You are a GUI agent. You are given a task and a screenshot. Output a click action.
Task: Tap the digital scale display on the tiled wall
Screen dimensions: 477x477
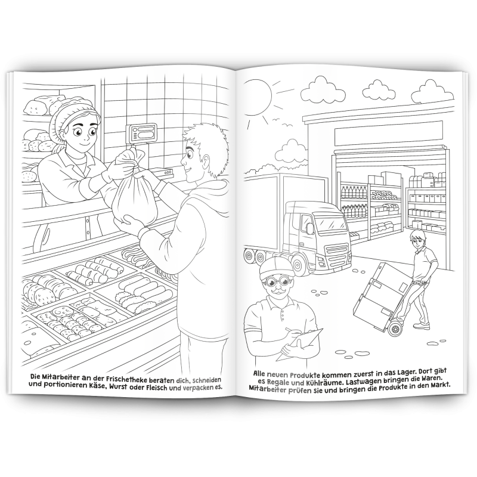click(142, 132)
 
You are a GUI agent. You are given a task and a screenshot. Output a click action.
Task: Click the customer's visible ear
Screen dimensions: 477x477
click(206, 162)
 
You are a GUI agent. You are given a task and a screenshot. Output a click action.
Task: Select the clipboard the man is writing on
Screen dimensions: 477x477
click(300, 344)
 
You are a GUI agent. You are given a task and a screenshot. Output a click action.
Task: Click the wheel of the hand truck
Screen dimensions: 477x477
click(395, 329)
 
